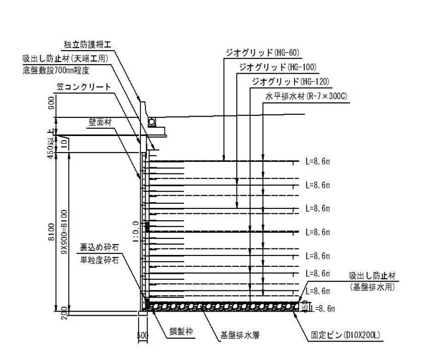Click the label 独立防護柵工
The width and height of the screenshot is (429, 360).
88,44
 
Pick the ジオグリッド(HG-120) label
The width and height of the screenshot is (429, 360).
290,82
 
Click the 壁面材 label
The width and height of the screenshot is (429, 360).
100,122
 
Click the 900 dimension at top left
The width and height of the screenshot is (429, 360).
52,107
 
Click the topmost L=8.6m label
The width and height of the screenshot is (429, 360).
318,162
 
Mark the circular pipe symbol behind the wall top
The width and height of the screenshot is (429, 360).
152,121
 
